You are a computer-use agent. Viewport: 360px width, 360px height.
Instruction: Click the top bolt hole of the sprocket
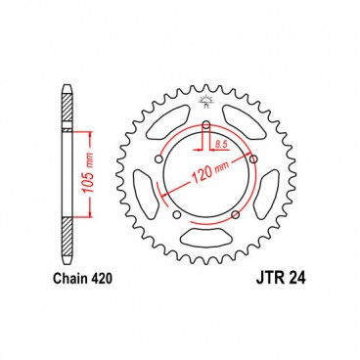[206, 124]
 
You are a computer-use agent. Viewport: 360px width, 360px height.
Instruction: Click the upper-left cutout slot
[165, 122]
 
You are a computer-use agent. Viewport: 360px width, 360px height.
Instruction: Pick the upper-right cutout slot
[247, 122]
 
